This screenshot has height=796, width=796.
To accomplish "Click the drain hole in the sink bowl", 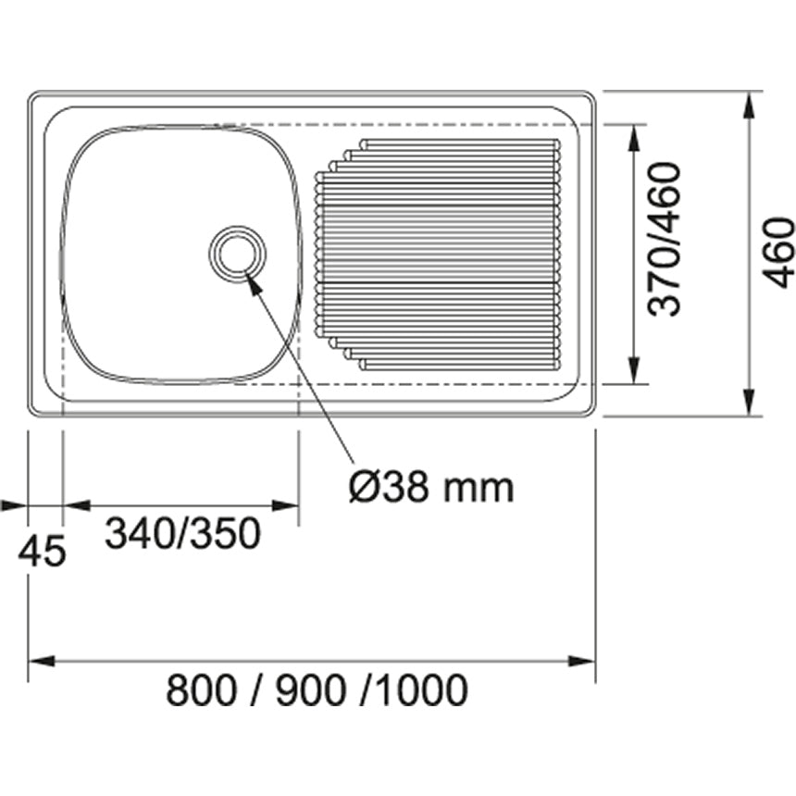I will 237,251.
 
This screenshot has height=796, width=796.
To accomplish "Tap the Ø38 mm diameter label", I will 430,486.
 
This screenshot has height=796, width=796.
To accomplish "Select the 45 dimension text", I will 43,553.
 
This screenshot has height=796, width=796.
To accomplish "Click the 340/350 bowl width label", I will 182,534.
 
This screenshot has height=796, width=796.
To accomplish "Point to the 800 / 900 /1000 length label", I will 317,690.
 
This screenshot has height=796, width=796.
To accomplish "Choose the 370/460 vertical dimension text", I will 665,239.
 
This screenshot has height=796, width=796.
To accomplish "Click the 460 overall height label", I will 779,252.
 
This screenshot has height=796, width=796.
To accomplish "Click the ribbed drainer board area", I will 440,255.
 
